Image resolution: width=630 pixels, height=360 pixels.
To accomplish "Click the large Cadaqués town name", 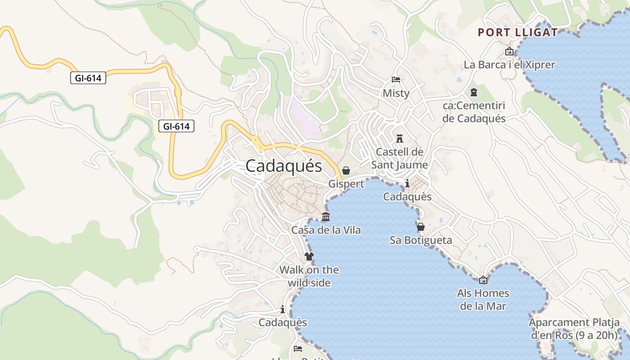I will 284,166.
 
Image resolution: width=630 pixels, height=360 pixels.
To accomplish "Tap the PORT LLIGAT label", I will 517,32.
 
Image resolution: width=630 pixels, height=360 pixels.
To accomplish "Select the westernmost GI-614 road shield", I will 88,78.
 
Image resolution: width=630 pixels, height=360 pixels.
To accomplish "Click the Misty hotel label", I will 396,93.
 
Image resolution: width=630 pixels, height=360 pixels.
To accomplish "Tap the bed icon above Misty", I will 396,80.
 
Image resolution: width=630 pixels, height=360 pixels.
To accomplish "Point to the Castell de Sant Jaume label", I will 399,158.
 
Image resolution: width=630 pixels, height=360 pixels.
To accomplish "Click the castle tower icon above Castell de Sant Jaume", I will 399,138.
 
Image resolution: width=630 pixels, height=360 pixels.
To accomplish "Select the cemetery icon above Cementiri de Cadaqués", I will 473,92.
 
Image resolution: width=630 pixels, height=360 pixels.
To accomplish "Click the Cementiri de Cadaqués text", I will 474,112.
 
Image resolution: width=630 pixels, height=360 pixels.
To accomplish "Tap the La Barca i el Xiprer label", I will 509,65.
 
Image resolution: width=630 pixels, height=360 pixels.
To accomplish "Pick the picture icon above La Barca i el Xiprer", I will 509,51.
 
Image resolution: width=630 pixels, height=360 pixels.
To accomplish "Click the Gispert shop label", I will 346,184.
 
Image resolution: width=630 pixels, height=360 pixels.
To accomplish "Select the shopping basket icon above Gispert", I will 346,171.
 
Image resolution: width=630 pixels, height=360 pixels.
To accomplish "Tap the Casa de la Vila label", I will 326,230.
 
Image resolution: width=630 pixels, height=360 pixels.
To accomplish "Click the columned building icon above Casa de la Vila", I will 326,217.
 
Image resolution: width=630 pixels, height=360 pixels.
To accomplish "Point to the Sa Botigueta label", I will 421,240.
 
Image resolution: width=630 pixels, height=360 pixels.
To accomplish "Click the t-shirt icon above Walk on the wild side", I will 309,256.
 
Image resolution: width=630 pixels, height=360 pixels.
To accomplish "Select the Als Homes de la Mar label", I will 483,300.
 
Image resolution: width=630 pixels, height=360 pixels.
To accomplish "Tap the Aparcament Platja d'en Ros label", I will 574,329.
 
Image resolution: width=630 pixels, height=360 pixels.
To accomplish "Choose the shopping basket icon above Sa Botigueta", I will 421,227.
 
